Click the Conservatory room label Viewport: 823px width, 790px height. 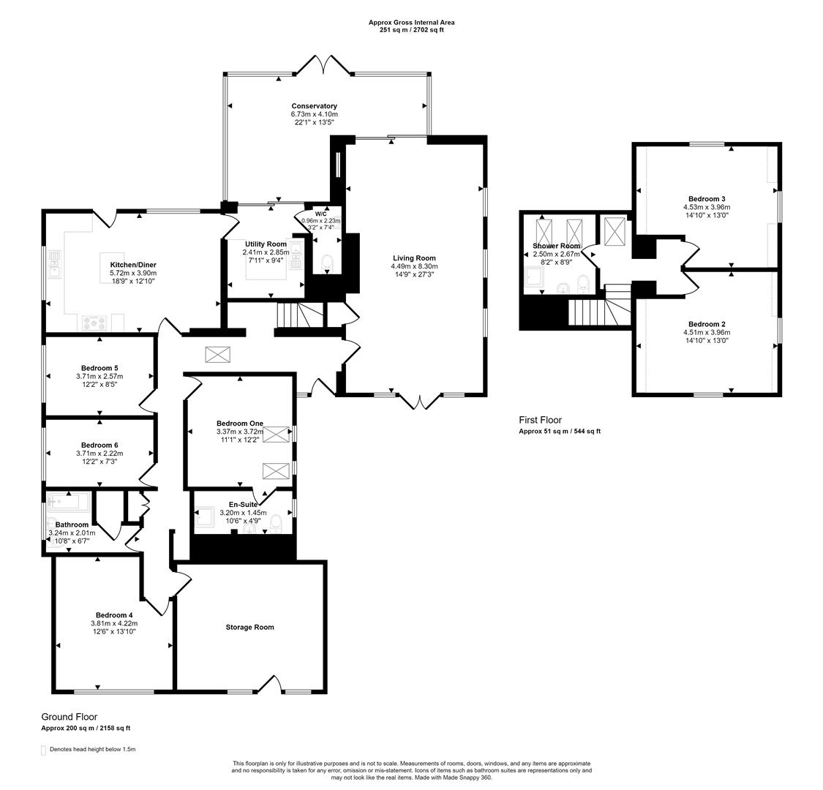(x=314, y=106)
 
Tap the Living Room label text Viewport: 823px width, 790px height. (x=414, y=258)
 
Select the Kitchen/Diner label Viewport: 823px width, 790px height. (x=133, y=265)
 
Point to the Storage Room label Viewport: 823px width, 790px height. (x=249, y=627)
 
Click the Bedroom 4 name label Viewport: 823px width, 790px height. (x=113, y=615)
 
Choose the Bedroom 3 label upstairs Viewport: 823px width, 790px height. (x=707, y=199)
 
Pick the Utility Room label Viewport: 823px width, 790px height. (x=265, y=244)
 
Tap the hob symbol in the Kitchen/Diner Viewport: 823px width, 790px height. (x=94, y=321)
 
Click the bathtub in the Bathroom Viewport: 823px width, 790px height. (x=68, y=502)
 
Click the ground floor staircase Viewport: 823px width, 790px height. (x=296, y=315)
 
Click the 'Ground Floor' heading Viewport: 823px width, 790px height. (x=69, y=717)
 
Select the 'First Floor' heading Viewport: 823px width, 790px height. (x=540, y=420)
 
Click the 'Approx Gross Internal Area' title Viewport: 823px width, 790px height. (x=411, y=23)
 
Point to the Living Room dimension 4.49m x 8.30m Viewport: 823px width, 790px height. (x=414, y=267)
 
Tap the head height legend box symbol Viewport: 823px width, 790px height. (x=44, y=750)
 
